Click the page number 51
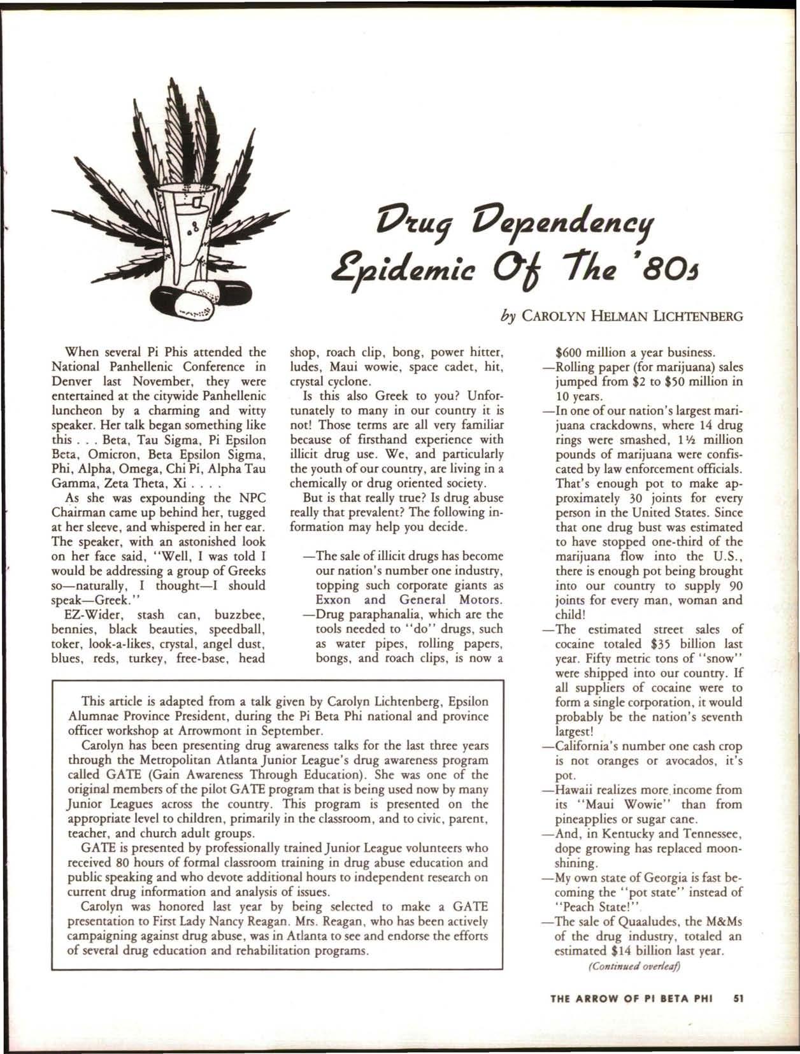coord(738,999)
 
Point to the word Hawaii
coord(576,790)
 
